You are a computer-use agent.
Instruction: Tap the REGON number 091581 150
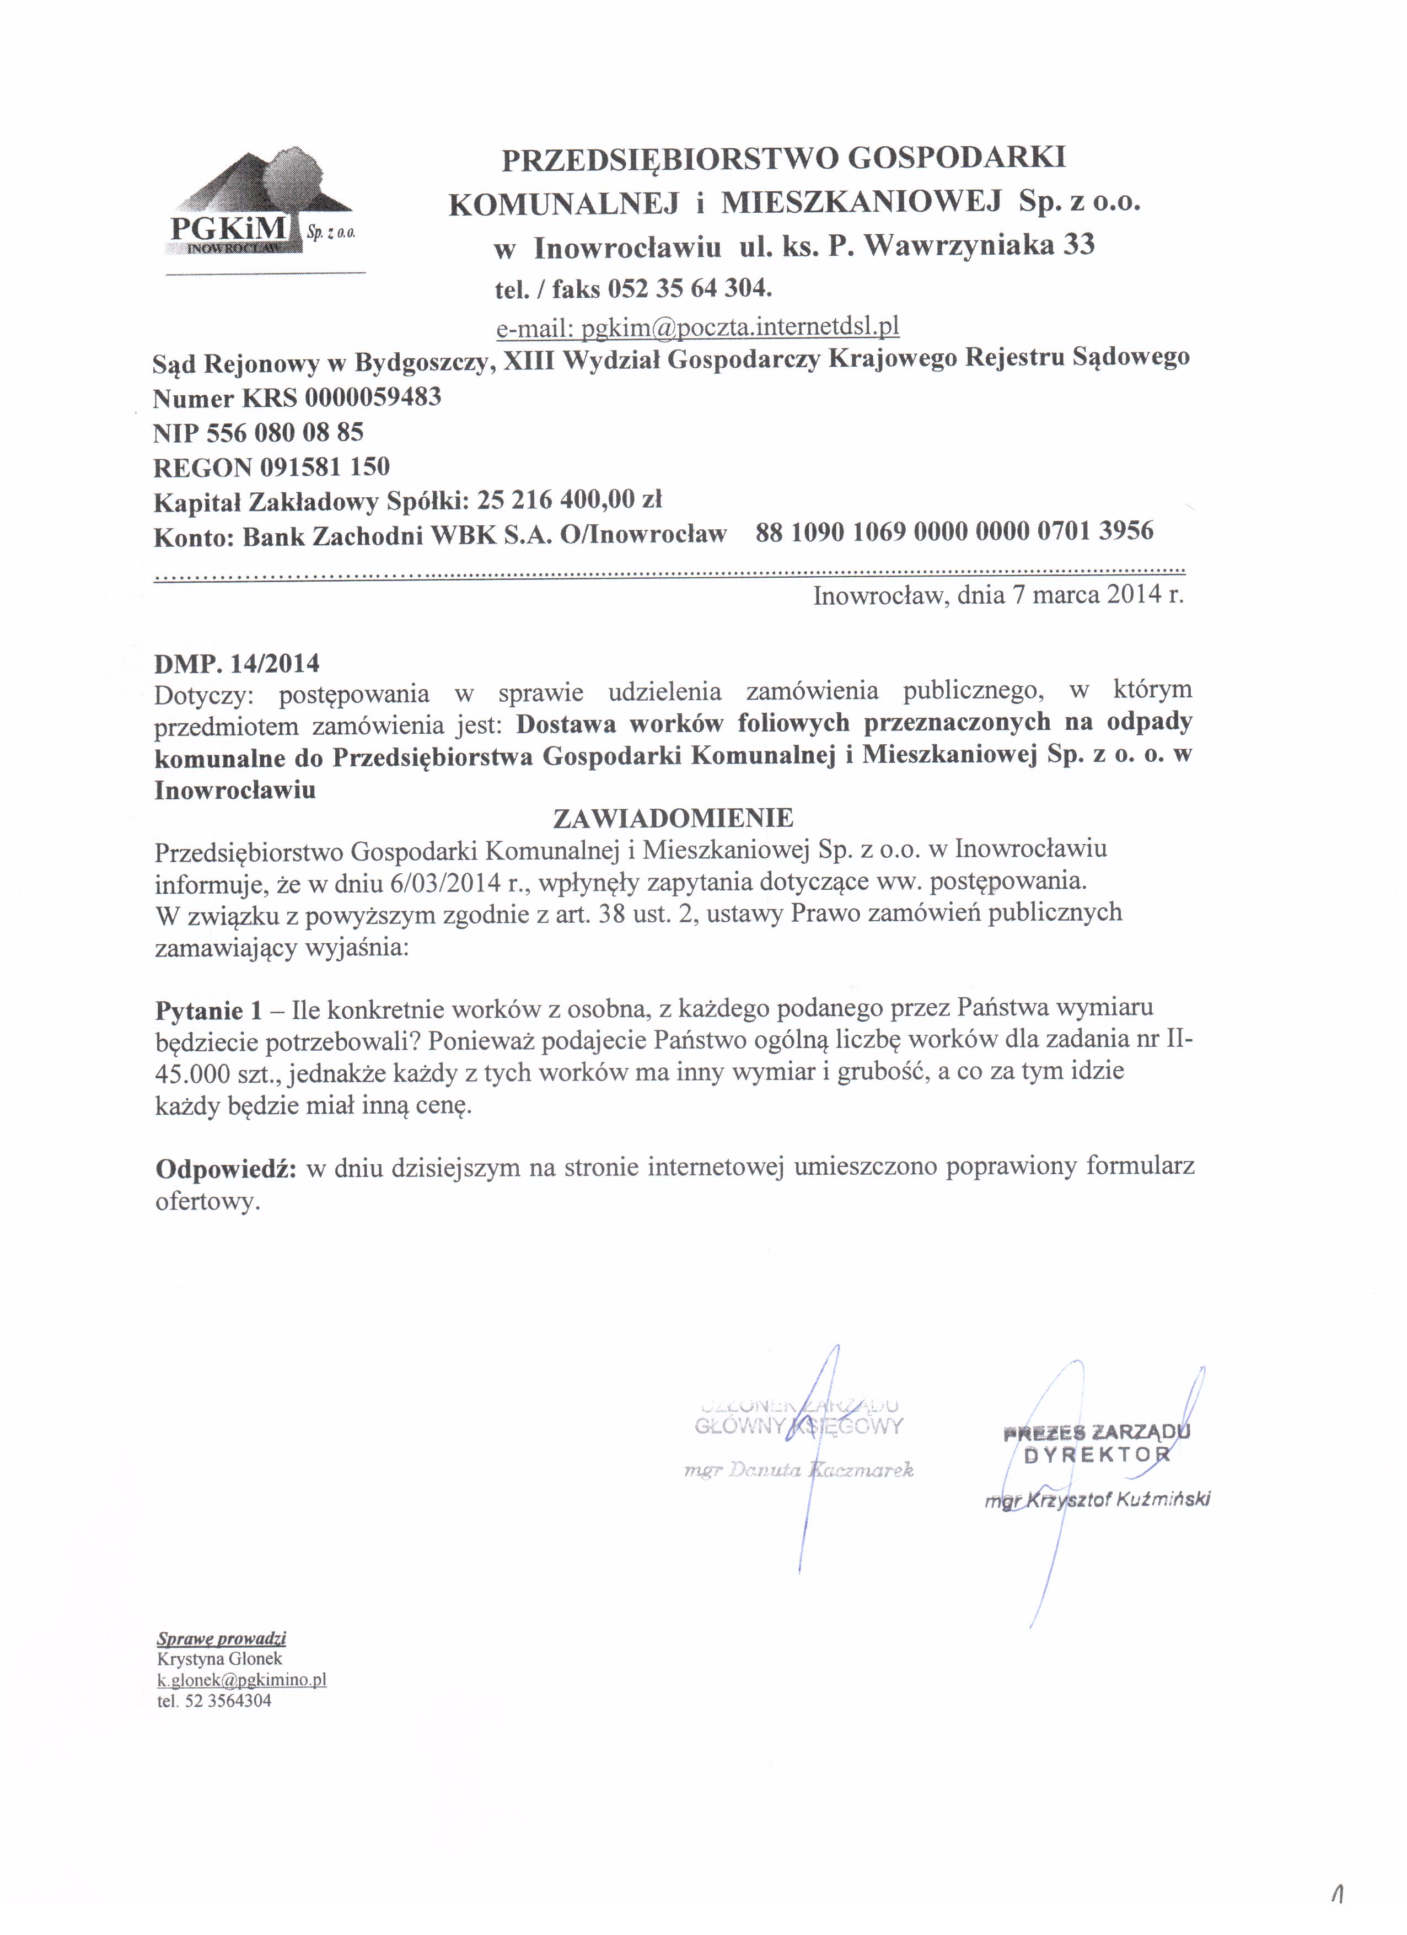click(324, 467)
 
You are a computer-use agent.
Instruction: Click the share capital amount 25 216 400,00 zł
click(570, 500)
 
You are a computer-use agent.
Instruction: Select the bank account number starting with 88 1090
click(954, 531)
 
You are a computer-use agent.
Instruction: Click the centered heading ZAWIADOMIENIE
click(673, 818)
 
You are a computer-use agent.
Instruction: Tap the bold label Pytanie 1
click(208, 1010)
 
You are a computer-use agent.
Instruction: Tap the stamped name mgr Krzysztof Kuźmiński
click(1097, 1500)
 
